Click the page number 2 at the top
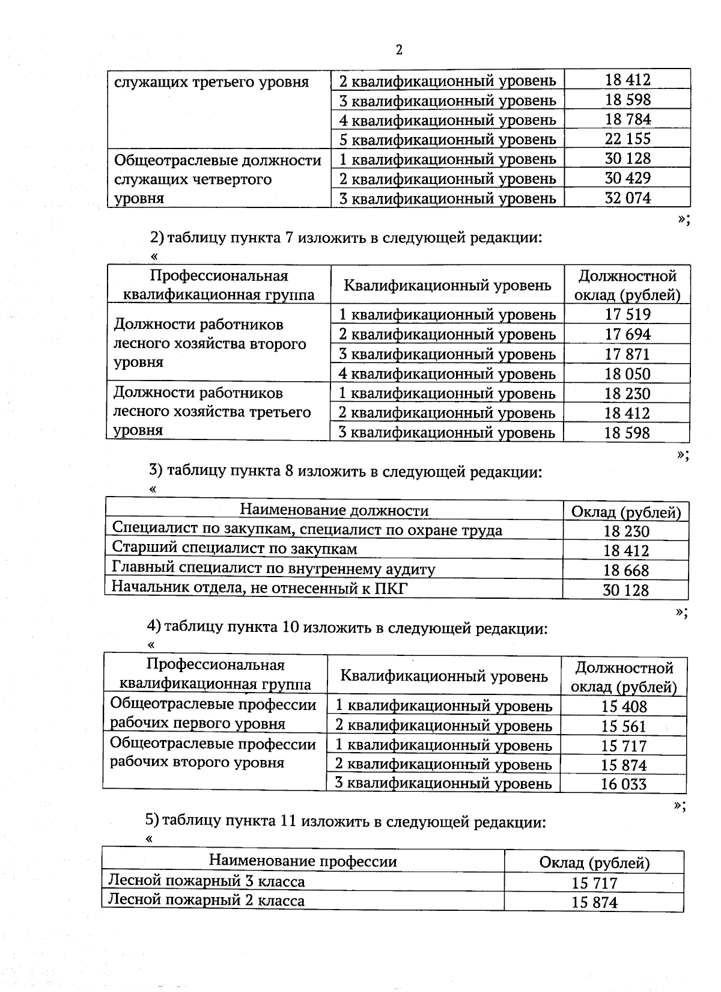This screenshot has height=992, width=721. click(399, 50)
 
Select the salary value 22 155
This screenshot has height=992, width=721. click(627, 139)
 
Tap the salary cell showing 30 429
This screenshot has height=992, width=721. click(627, 178)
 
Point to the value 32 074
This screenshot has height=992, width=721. click(627, 198)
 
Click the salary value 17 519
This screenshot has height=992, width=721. click(627, 314)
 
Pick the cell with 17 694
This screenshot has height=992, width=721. click(627, 334)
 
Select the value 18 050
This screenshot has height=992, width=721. click(627, 374)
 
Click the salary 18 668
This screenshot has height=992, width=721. click(626, 570)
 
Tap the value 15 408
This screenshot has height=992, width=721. click(624, 706)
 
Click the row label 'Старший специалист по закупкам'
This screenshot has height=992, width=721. click(235, 549)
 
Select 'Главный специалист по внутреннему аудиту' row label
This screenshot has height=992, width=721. click(273, 568)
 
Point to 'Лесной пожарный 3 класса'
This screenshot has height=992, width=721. click(206, 881)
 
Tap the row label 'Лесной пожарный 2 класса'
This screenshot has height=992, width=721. click(206, 901)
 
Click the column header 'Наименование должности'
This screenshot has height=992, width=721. click(334, 511)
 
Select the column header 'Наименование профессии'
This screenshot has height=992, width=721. click(303, 861)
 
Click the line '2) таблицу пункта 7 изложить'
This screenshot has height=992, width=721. click(346, 238)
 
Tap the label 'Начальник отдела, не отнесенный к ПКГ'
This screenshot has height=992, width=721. click(260, 587)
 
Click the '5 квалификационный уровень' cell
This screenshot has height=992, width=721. click(448, 139)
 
